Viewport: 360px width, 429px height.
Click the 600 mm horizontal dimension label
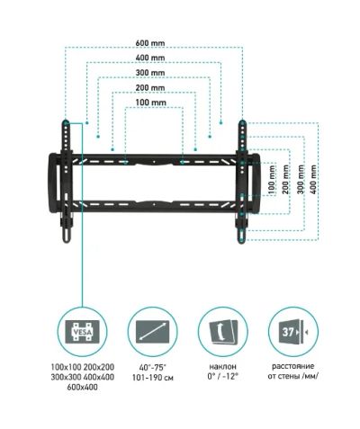click(x=150, y=43)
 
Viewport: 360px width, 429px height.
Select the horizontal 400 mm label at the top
click(x=150, y=58)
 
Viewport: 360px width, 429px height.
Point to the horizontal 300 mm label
click(x=150, y=73)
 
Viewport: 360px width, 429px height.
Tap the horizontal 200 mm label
click(x=150, y=87)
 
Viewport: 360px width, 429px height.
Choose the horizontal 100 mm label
click(x=150, y=103)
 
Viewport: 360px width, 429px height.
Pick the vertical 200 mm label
click(x=285, y=179)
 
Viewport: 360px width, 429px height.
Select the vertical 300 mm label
click(x=301, y=179)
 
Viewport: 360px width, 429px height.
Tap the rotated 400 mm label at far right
click(x=313, y=179)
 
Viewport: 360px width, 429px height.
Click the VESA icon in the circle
click(x=82, y=332)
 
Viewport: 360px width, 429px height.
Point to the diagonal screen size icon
click(x=153, y=332)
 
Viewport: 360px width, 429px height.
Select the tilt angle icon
click(x=223, y=332)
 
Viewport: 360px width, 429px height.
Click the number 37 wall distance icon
click(x=294, y=332)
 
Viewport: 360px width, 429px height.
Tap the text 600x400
click(x=82, y=387)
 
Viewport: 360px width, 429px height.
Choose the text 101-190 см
click(x=153, y=378)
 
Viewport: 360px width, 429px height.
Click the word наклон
click(x=223, y=366)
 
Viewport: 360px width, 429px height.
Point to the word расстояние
click(x=293, y=366)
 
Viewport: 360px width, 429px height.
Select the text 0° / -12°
click(x=222, y=376)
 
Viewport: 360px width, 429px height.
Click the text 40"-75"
click(x=153, y=367)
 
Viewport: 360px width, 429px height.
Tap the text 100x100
click(x=66, y=367)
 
